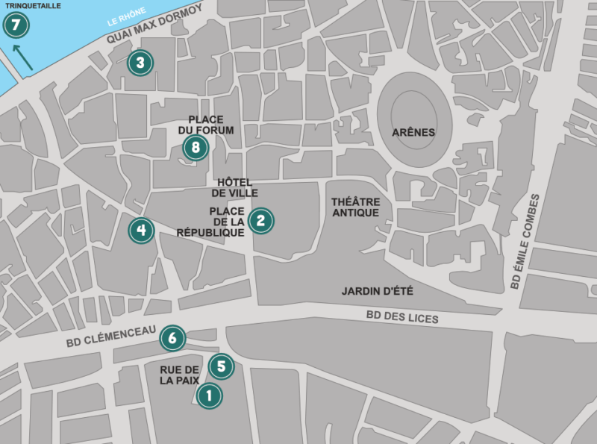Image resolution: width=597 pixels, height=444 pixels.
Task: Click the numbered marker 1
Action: click(x=209, y=395)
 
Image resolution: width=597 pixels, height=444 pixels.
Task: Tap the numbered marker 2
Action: click(x=260, y=220)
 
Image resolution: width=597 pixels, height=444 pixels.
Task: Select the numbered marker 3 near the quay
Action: click(x=140, y=63)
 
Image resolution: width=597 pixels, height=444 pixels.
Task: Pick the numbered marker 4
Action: click(x=141, y=231)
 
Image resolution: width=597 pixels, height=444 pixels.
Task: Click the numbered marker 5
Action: click(x=221, y=366)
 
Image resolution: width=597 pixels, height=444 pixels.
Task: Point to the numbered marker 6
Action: click(x=172, y=339)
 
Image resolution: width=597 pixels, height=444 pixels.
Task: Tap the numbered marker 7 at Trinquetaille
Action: click(x=16, y=26)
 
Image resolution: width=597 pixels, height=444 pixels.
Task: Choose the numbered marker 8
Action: click(x=196, y=148)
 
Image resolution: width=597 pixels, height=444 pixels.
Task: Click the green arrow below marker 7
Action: click(x=22, y=57)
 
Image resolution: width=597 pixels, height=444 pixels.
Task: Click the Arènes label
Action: click(x=413, y=133)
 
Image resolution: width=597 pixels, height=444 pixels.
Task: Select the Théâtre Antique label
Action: click(x=355, y=207)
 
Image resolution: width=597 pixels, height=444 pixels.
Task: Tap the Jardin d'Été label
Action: click(x=377, y=291)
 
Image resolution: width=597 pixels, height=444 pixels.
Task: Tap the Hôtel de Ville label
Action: click(x=234, y=188)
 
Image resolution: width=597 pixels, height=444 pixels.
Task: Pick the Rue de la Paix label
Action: click(x=180, y=375)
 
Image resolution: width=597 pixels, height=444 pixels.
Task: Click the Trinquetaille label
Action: click(x=29, y=6)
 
